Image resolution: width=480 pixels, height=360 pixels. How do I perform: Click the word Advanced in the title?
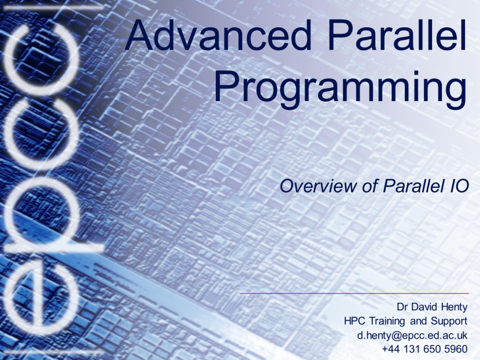[217, 35]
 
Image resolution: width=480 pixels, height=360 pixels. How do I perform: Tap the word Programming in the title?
[340, 88]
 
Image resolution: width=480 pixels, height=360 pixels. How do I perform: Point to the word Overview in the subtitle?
[318, 186]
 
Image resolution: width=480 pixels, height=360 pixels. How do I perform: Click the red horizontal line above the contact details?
[354, 294]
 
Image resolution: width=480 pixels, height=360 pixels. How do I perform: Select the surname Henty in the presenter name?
[452, 307]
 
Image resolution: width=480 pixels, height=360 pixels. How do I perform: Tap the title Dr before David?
[403, 307]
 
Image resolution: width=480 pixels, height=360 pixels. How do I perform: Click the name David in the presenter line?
[423, 307]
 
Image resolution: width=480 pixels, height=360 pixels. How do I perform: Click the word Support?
[449, 322]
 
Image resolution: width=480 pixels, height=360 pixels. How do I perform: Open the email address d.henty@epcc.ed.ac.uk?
[412, 336]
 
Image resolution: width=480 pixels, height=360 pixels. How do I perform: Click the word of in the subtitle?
[369, 185]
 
